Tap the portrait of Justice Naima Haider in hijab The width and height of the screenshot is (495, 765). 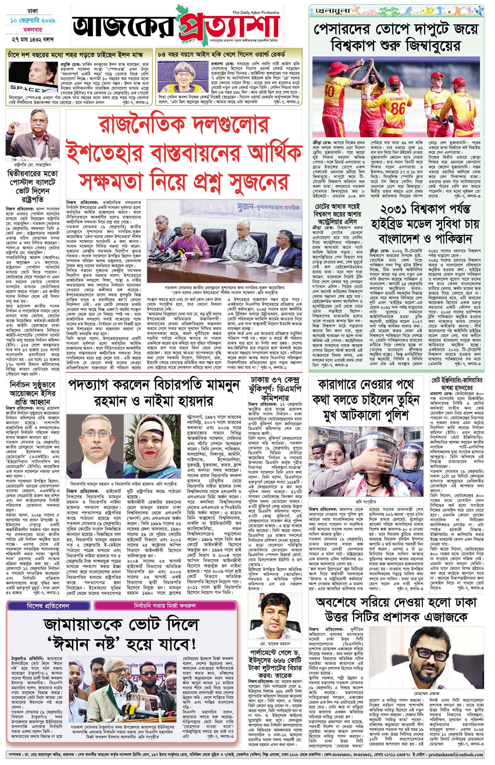coord(153,444)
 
